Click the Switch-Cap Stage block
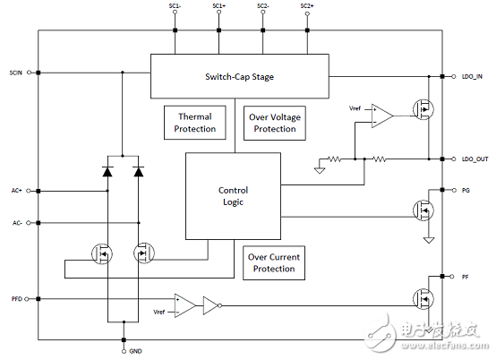pyautogui.click(x=239, y=76)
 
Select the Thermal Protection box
pyautogui.click(x=195, y=123)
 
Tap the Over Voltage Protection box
pyautogui.click(x=275, y=123)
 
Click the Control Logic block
pyautogui.click(x=233, y=196)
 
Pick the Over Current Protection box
pyautogui.click(x=274, y=263)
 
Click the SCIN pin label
pyautogui.click(x=16, y=73)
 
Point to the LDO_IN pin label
pyautogui.click(x=472, y=76)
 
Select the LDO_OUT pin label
pyautogui.click(x=475, y=159)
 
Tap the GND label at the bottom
pyautogui.click(x=135, y=351)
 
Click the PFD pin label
pyautogui.click(x=17, y=299)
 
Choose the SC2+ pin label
pyautogui.click(x=307, y=6)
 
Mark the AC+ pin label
pyautogui.click(x=17, y=191)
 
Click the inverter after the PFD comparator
pyautogui.click(x=212, y=305)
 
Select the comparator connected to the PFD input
pyautogui.click(x=185, y=305)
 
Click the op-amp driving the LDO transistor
pyautogui.click(x=382, y=116)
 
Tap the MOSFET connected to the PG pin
pyautogui.click(x=423, y=210)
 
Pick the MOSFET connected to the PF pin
pyautogui.click(x=423, y=299)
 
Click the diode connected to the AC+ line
pyautogui.click(x=107, y=171)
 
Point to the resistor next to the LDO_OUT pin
pyautogui.click(x=380, y=159)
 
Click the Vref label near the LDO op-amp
pyautogui.click(x=355, y=108)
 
